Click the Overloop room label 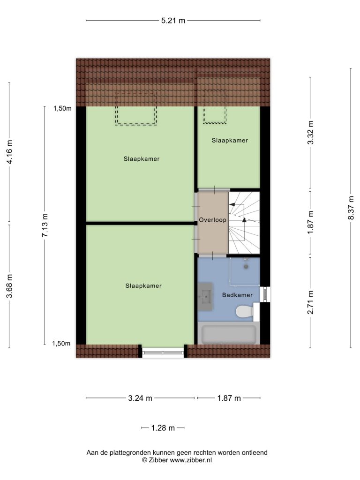[x=212, y=220]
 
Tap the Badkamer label [x=237, y=295]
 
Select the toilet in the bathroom [x=245, y=312]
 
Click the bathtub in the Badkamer [x=229, y=334]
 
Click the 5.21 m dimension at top [x=173, y=21]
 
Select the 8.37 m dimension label [x=351, y=208]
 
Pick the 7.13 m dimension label [x=45, y=225]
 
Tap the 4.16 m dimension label [x=9, y=152]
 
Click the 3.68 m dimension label [x=9, y=286]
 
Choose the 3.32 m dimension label [x=311, y=133]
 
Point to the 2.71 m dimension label [x=311, y=302]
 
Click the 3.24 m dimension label [x=140, y=398]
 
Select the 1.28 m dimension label [x=163, y=428]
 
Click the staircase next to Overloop [x=244, y=223]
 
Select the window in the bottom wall [x=163, y=352]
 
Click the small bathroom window [x=265, y=294]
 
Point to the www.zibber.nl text [x=191, y=460]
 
